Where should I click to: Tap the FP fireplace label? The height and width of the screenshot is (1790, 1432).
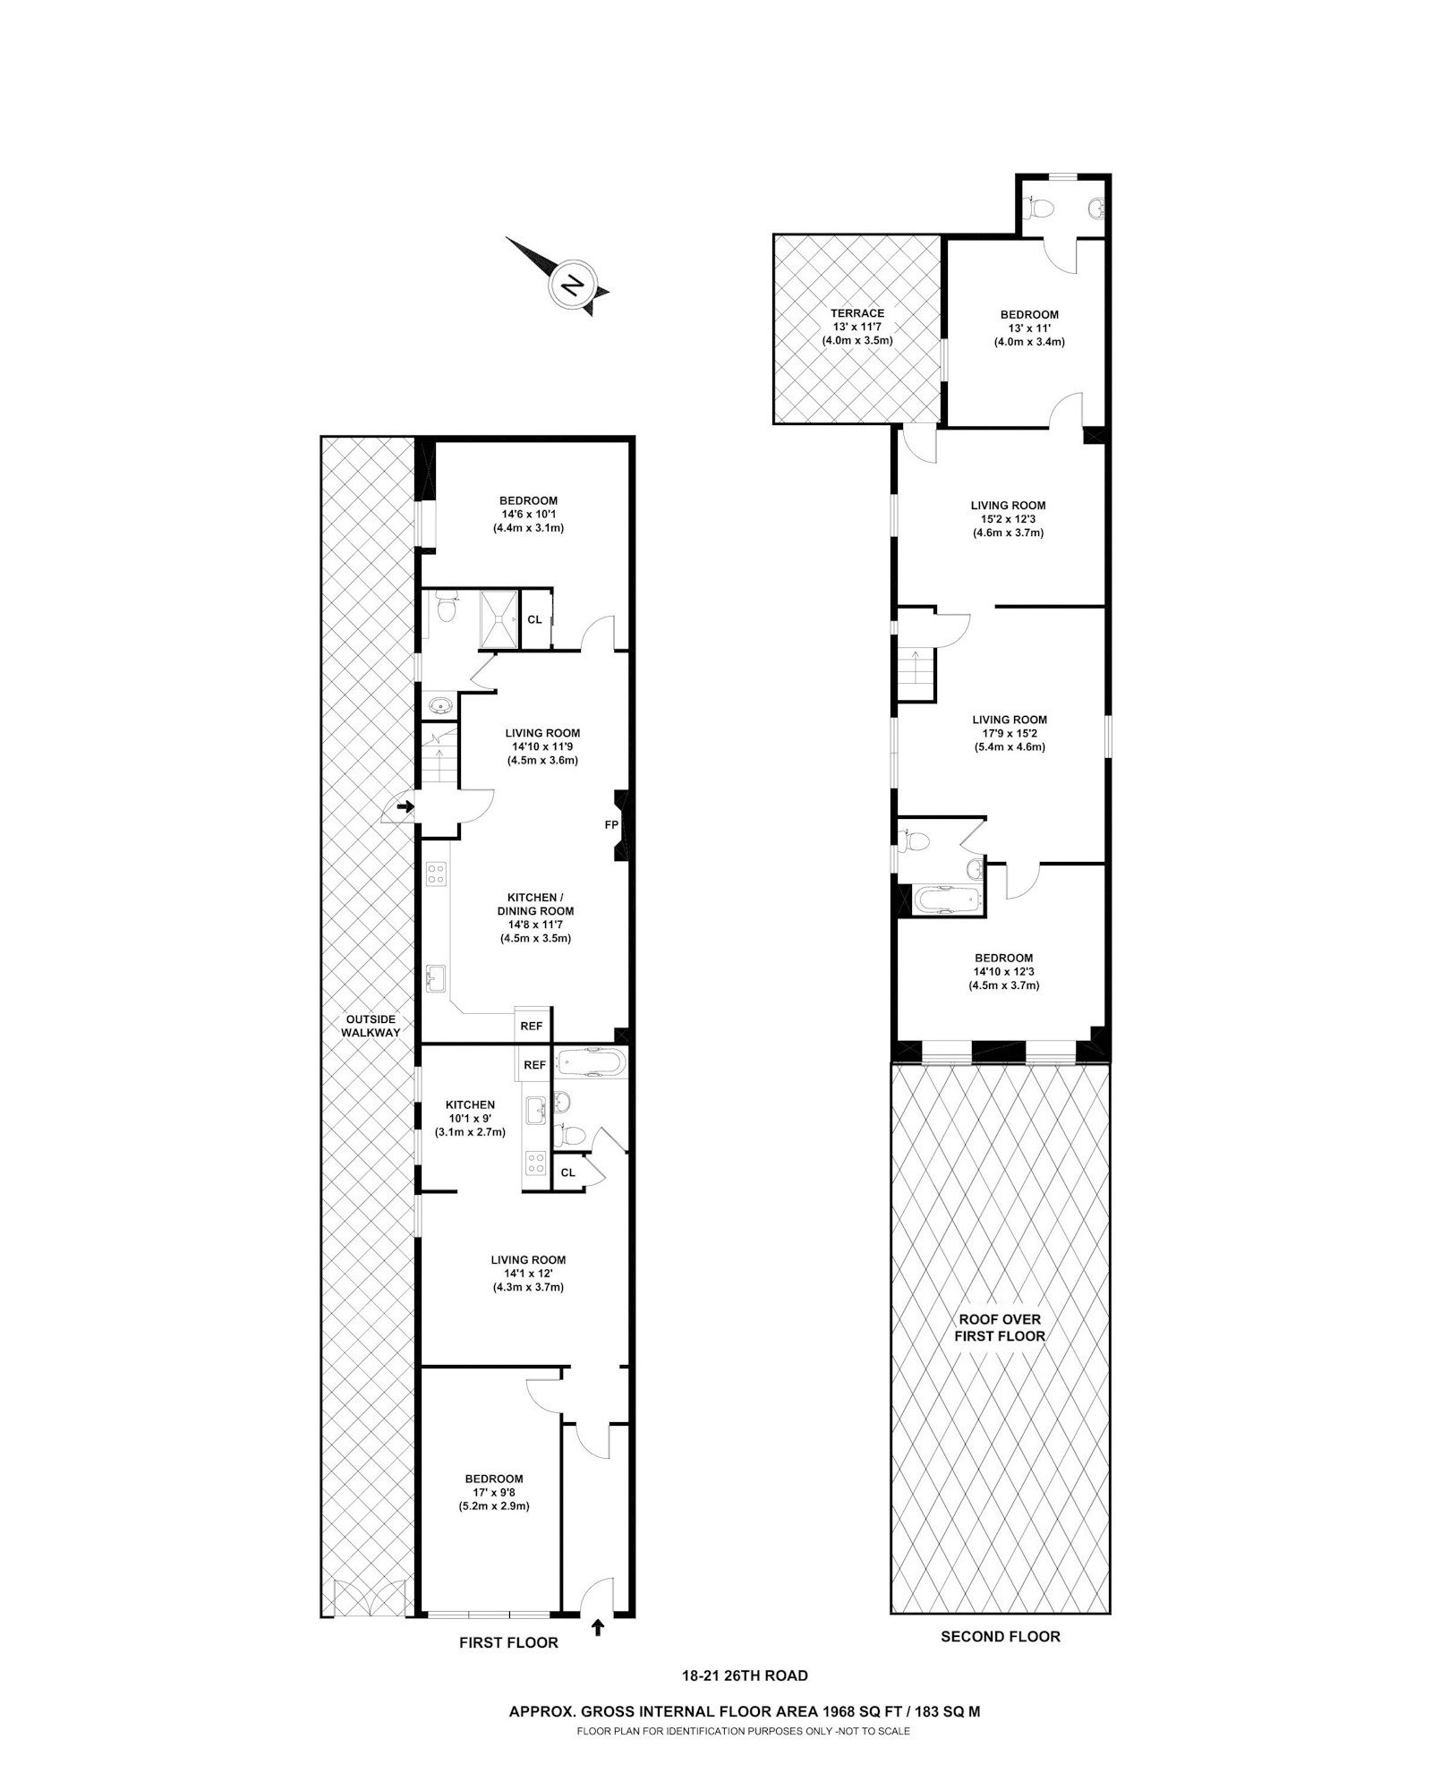(612, 824)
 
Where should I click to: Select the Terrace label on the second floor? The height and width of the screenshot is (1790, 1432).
(857, 313)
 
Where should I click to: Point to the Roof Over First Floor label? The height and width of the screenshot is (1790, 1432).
(1000, 1327)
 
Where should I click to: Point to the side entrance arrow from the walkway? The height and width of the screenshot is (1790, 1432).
(405, 807)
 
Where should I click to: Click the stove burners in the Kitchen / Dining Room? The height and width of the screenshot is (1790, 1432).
(436, 874)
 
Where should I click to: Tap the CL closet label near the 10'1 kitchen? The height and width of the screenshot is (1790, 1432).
(567, 1172)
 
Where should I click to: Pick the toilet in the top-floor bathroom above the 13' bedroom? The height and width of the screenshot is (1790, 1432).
(1041, 209)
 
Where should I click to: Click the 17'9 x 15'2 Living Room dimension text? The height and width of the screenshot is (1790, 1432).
(1010, 733)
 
